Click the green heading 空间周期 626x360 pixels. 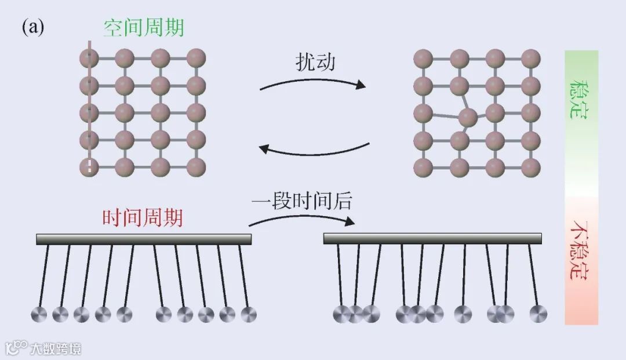click(x=144, y=27)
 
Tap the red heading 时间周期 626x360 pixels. click(x=143, y=218)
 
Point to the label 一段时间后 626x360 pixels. click(x=301, y=201)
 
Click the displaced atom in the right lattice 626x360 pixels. click(x=467, y=118)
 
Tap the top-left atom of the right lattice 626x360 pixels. click(x=423, y=58)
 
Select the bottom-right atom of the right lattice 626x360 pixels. click(x=530, y=167)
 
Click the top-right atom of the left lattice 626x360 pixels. click(x=196, y=58)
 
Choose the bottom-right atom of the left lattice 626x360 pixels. click(x=196, y=167)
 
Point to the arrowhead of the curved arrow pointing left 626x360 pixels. click(x=264, y=149)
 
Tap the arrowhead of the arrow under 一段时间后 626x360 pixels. click(x=350, y=221)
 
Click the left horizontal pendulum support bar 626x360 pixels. click(x=144, y=239)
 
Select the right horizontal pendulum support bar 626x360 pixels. click(x=432, y=238)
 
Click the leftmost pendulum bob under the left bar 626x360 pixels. click(x=39, y=315)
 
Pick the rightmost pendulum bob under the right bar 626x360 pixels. click(x=538, y=314)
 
